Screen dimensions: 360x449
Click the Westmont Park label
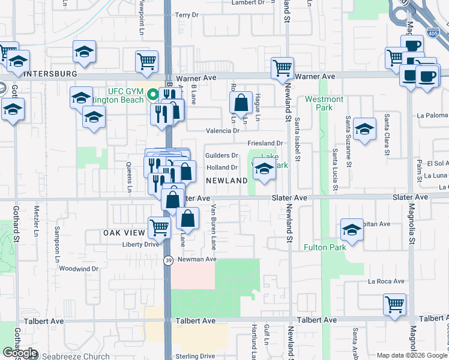coord(324,103)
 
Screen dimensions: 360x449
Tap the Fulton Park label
coord(325,247)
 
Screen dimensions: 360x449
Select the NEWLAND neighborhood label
coord(227,181)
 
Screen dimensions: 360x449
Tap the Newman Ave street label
coord(196,259)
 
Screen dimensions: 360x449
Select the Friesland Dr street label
coord(265,143)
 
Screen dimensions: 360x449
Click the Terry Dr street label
coord(186,14)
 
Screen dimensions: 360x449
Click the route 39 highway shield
coord(168,259)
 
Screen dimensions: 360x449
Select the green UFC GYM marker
coord(153,94)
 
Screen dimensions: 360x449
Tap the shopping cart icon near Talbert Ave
coord(394,305)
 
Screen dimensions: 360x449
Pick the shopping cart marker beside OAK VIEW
coord(159,227)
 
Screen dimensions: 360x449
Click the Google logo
coord(20,353)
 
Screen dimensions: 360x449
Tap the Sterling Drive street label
coord(195,356)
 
